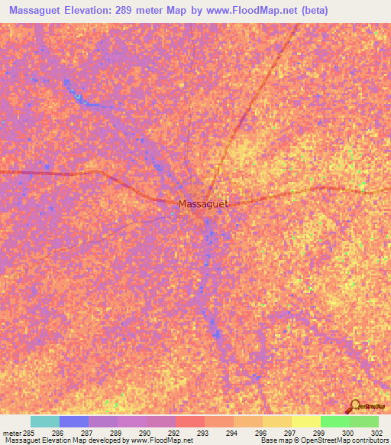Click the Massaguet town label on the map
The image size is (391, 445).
click(203, 204)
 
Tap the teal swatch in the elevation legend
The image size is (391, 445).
click(45, 421)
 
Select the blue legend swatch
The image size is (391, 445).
click(74, 421)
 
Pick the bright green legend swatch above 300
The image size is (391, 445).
click(335, 421)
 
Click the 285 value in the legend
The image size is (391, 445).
click(27, 432)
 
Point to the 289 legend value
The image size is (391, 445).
click(115, 432)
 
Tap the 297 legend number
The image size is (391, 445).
click(289, 432)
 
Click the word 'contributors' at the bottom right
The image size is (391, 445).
click(369, 441)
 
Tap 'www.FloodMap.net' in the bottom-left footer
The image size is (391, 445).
click(163, 441)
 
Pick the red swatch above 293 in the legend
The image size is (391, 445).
click(190, 421)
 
